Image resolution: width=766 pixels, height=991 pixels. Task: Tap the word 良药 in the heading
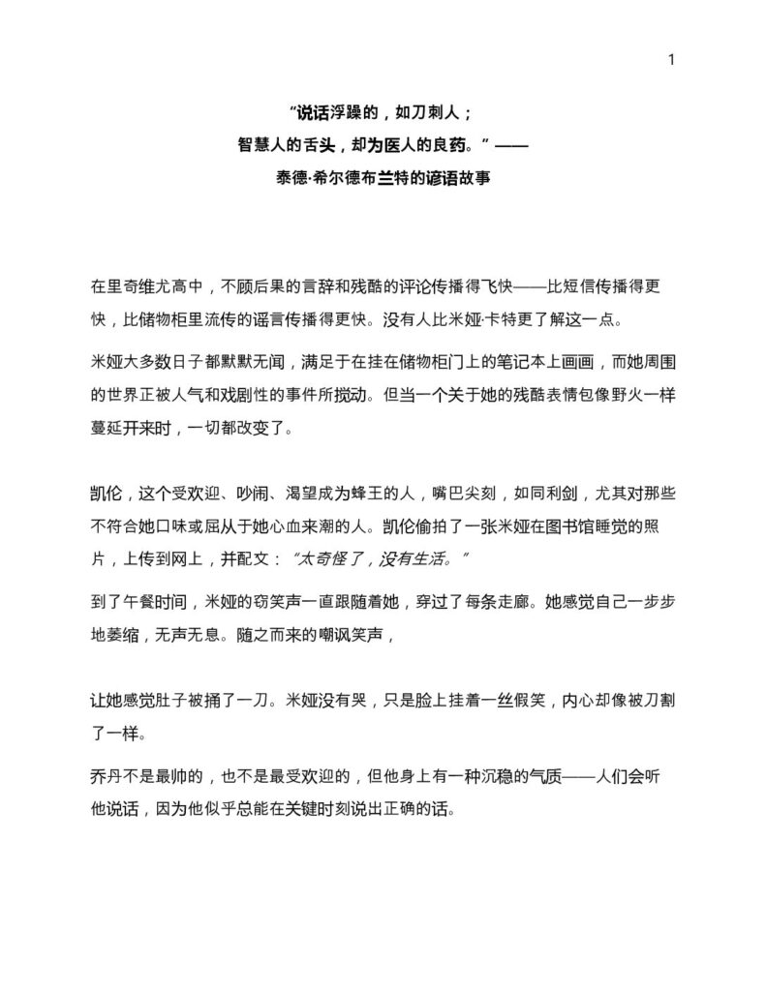[x=456, y=145]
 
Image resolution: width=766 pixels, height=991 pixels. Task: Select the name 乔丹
[x=105, y=777]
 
